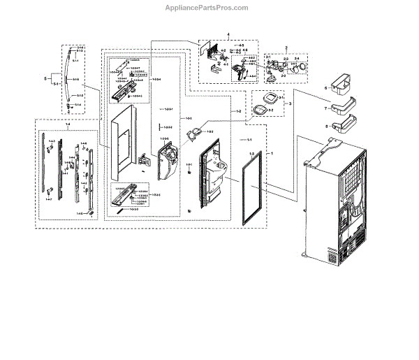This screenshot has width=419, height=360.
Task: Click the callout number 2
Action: click(x=286, y=47)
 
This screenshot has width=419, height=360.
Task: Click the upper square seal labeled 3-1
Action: click(x=263, y=99)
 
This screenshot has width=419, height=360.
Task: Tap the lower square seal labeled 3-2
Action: click(x=260, y=110)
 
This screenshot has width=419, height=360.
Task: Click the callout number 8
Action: click(x=325, y=126)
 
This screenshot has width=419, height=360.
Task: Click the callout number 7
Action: click(x=325, y=108)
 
